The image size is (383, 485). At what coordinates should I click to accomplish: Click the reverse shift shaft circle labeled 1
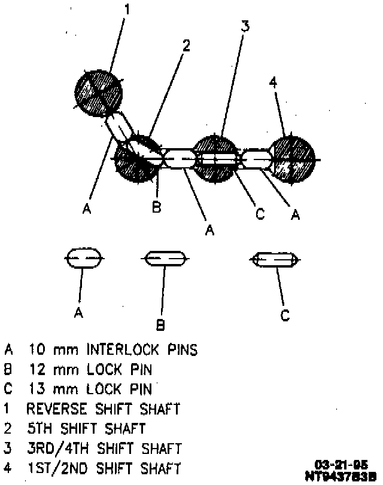(98, 93)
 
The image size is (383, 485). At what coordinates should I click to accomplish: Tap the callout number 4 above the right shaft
(273, 83)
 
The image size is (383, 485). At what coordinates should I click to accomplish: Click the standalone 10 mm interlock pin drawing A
(84, 259)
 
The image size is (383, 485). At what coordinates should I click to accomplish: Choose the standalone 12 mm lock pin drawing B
(165, 259)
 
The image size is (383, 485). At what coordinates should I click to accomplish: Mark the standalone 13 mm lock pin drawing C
(274, 259)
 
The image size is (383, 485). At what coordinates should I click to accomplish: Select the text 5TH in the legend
(38, 428)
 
